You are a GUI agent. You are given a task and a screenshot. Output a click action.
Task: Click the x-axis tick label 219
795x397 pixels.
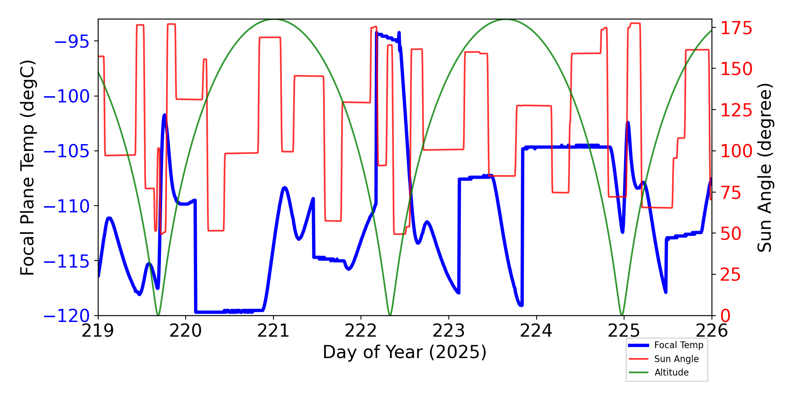[98, 331]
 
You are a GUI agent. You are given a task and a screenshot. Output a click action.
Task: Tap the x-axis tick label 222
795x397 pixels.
[361, 331]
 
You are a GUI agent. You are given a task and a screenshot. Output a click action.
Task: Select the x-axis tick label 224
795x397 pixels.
[536, 331]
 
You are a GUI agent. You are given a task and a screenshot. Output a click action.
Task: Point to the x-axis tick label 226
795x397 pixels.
[712, 331]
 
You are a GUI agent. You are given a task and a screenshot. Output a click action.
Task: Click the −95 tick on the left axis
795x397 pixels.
[72, 41]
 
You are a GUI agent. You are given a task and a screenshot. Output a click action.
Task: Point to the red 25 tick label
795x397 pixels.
[731, 275]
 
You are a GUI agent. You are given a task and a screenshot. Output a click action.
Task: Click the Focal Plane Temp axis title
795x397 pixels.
[28, 168]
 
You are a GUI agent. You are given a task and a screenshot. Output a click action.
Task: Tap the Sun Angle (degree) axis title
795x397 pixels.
[764, 168]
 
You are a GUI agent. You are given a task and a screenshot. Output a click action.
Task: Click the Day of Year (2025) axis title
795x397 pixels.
[405, 352]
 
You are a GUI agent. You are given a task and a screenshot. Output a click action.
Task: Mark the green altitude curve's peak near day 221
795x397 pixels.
[274, 19]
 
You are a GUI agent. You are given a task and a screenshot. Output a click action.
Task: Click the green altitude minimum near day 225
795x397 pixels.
[622, 315]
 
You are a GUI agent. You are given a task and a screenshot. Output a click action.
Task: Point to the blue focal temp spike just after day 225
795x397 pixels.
[628, 123]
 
